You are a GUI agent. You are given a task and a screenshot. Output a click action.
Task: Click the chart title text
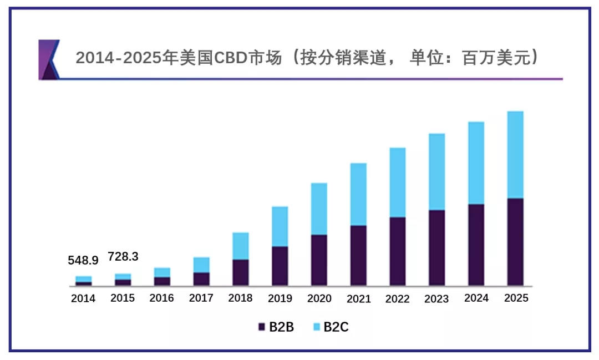306,58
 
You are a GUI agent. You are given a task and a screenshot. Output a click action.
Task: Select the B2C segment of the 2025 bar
515,155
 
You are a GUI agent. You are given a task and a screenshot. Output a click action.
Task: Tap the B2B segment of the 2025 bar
515,242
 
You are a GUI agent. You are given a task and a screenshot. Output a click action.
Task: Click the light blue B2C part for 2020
319,209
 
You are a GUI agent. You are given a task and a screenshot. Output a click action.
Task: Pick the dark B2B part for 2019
280,266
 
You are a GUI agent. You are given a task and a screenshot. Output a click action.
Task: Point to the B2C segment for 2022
397,182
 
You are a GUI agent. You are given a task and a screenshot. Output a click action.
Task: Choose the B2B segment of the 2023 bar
436,247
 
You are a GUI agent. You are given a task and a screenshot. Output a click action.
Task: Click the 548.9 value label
83,260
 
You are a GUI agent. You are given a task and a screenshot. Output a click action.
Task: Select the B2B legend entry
276,327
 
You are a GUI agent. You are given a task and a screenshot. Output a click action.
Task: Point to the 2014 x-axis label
83,298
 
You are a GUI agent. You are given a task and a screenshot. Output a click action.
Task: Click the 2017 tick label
201,298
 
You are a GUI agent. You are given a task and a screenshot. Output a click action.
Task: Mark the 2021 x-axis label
358,298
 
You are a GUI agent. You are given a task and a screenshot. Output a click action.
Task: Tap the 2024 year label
476,298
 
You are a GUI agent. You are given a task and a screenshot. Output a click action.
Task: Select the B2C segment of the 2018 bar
240,246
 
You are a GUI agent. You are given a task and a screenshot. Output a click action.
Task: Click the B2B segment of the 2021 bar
358,255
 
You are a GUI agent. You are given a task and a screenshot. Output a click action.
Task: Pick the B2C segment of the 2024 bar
476,163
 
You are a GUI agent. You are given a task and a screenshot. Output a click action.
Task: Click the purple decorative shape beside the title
49,59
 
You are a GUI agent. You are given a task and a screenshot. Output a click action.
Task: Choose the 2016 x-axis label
161,298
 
